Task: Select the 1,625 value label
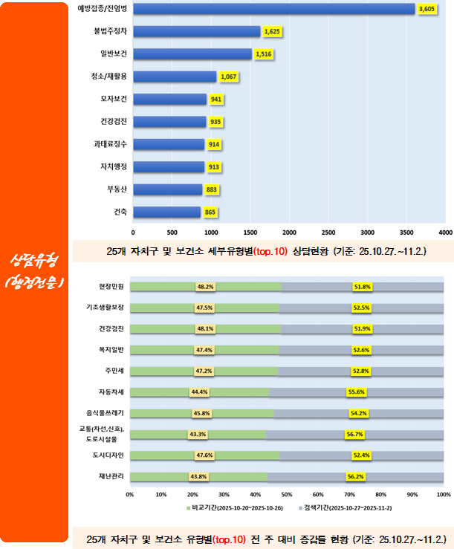point(271,32)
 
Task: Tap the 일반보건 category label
point(114,53)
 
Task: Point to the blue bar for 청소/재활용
point(175,77)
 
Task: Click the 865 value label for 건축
point(210,212)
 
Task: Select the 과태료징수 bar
point(169,144)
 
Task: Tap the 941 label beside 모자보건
point(215,99)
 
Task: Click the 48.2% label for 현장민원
point(205,286)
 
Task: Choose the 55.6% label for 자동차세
point(357,392)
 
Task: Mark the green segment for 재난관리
point(198,476)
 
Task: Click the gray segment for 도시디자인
point(361,455)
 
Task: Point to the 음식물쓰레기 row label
point(109,412)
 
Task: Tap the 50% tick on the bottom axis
point(287,493)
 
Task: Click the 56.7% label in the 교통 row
point(354,434)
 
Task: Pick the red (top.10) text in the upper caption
point(270,252)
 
